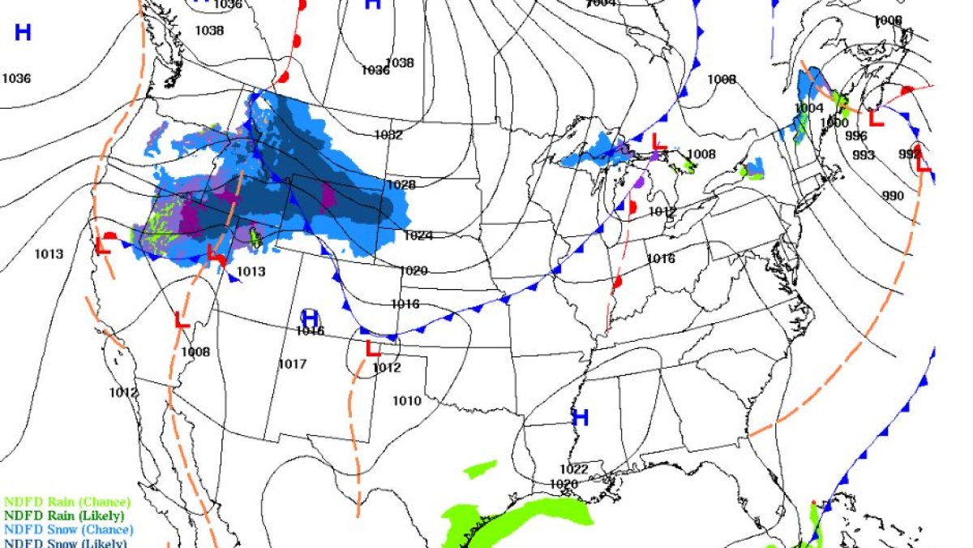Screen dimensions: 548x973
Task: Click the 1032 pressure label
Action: click(388, 135)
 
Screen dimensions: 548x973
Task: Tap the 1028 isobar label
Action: click(401, 185)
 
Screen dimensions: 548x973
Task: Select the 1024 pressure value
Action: click(418, 236)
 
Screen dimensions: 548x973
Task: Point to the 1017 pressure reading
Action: click(292, 364)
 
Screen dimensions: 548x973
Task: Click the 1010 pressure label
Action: click(407, 401)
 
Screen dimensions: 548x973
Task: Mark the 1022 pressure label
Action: click(573, 469)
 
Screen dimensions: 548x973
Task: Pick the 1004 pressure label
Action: click(808, 108)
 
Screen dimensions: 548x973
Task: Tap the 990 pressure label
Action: click(893, 196)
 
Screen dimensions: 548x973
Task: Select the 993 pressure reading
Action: click(864, 155)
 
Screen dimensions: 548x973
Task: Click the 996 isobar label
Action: click(857, 136)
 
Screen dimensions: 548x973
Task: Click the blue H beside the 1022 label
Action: click(580, 418)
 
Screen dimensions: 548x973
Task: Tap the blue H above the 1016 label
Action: click(310, 316)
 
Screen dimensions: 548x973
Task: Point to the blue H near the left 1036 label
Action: click(23, 32)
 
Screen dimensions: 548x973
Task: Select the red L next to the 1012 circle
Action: click(373, 349)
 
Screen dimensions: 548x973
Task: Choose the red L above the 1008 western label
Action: click(182, 320)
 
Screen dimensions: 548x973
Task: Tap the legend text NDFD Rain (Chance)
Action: click(66, 503)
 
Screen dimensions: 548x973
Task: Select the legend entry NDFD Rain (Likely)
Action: click(65, 516)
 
